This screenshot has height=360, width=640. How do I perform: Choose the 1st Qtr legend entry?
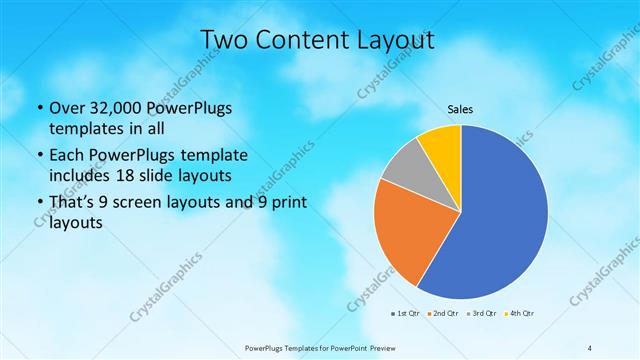click(404, 314)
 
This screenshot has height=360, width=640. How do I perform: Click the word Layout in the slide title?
click(394, 40)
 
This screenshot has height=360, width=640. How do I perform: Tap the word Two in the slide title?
click(226, 40)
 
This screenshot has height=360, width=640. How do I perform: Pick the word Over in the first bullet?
click(67, 107)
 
